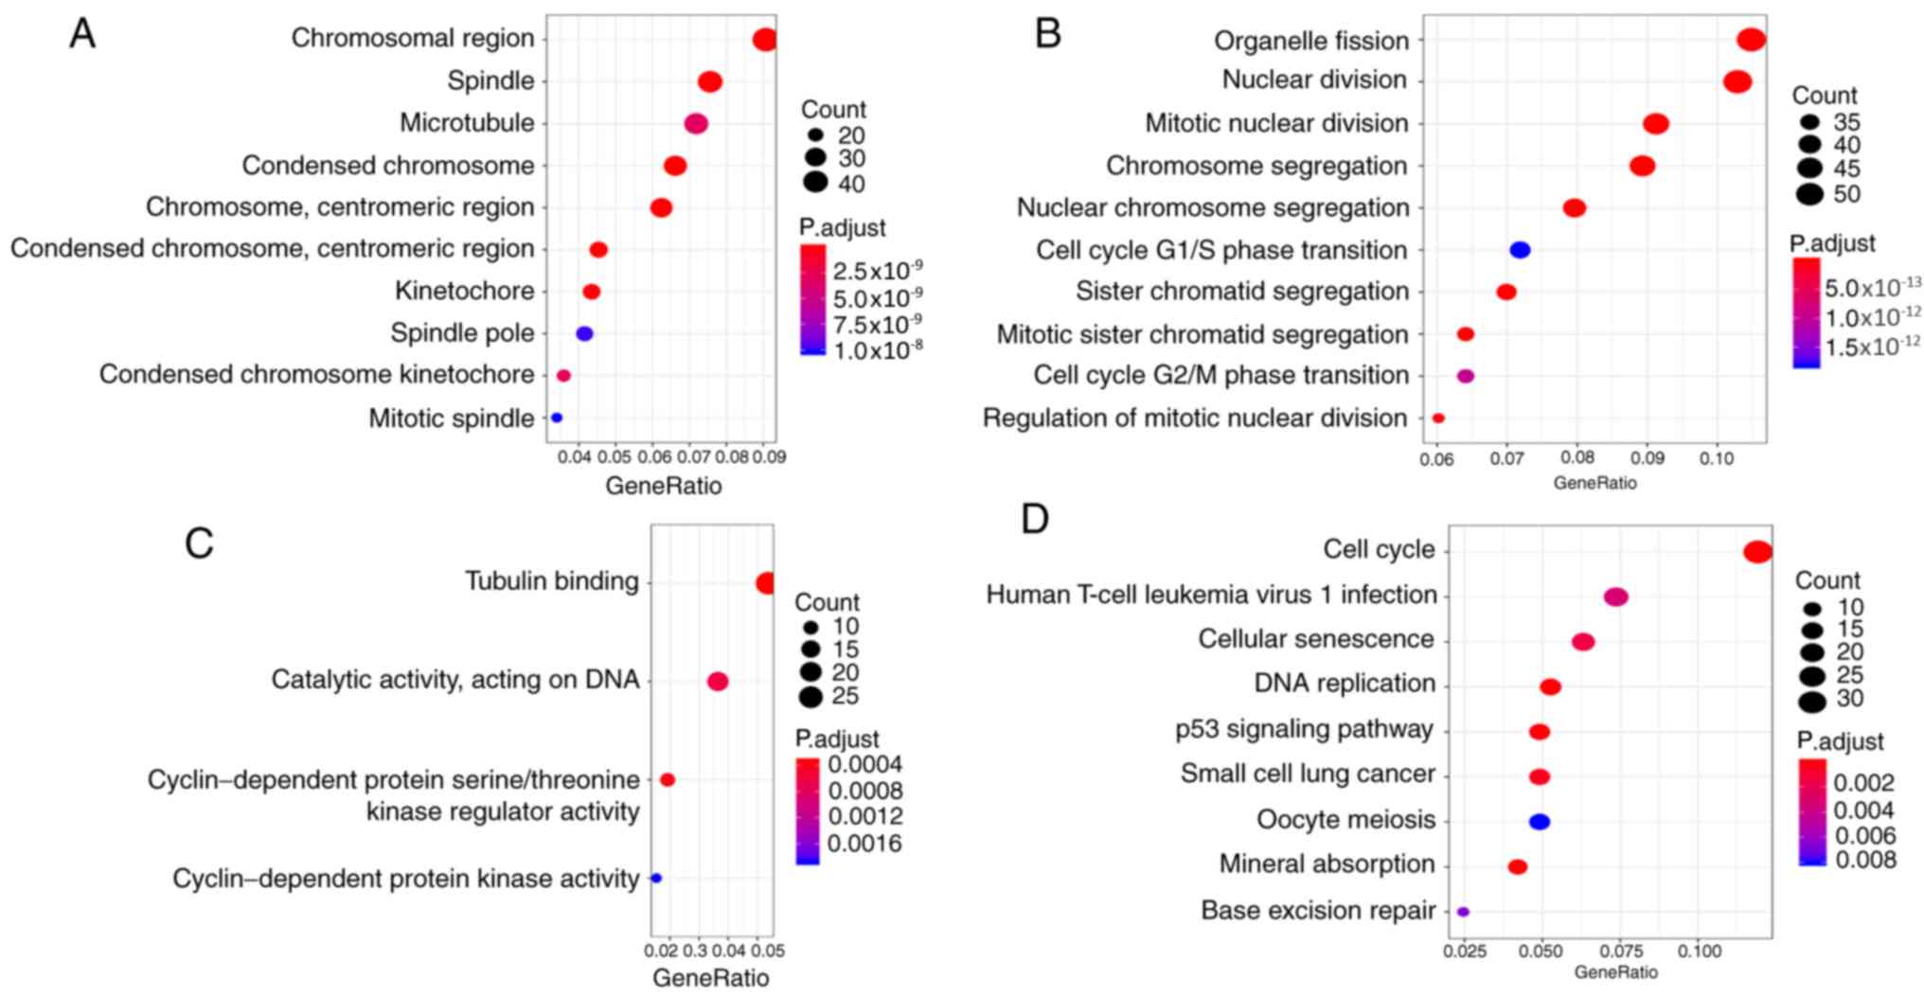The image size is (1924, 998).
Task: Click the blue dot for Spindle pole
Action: [584, 333]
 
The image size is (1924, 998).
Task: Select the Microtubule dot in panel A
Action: [696, 124]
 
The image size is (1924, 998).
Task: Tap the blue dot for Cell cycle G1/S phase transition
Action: [1520, 250]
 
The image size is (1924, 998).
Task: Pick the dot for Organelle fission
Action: [1751, 40]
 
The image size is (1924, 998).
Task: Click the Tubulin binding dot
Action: [765, 583]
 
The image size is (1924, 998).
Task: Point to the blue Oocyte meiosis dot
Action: [1540, 822]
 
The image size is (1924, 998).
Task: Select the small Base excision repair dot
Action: [1463, 912]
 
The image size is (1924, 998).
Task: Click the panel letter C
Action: [199, 544]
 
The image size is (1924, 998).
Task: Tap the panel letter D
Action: [1035, 520]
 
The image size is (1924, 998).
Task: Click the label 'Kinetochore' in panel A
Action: [464, 291]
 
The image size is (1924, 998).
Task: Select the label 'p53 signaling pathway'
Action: [1304, 729]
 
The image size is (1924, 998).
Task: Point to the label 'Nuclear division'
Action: [1313, 80]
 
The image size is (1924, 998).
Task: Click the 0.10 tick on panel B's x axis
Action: [1716, 459]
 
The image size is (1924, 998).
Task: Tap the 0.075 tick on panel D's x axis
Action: [1621, 951]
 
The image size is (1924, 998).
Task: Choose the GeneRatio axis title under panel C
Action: [710, 977]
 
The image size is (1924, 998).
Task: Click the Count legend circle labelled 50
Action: [1809, 195]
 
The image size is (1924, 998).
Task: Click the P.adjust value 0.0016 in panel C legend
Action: [864, 844]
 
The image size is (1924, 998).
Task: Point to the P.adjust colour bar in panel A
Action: [812, 299]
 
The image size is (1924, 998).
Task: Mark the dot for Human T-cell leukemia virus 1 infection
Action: [1616, 597]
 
